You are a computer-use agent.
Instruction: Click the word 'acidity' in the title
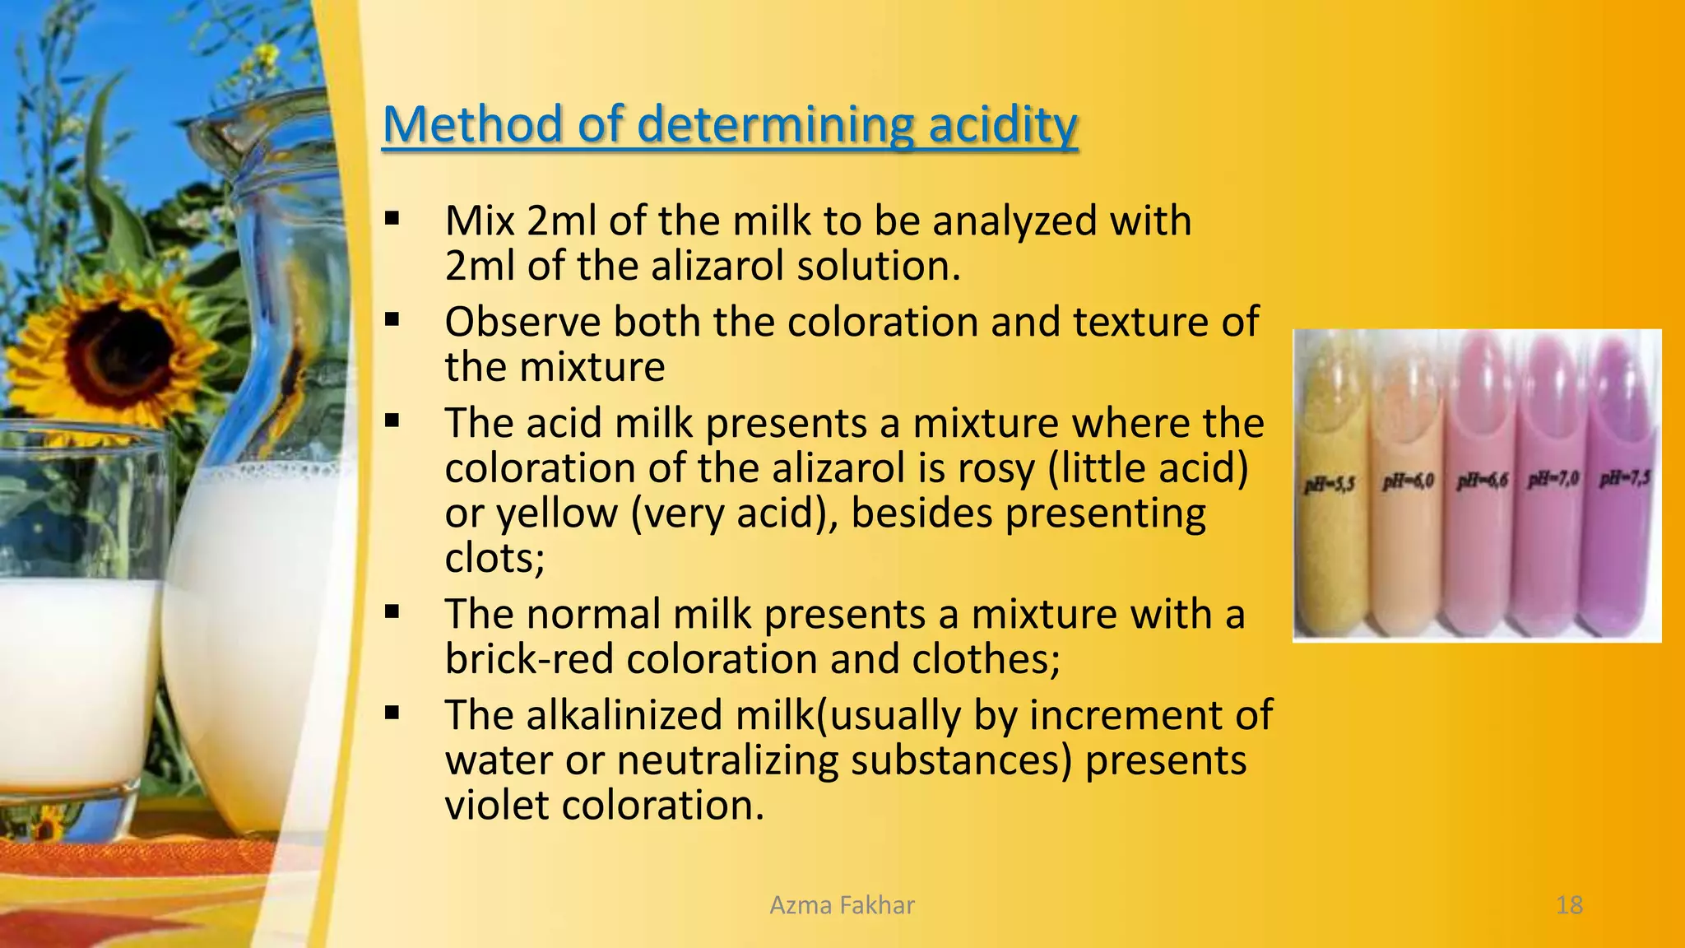click(x=1002, y=125)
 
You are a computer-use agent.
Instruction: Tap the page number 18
click(x=1569, y=905)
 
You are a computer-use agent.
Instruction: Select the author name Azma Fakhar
click(x=842, y=905)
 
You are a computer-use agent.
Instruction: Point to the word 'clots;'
click(x=494, y=559)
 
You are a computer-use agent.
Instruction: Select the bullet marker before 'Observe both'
click(x=392, y=319)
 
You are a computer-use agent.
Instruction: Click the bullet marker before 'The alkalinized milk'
click(x=392, y=713)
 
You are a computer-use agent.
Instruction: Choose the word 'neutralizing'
click(x=726, y=760)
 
